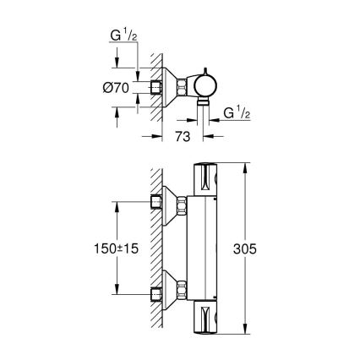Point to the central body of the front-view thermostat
click(x=208, y=250)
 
